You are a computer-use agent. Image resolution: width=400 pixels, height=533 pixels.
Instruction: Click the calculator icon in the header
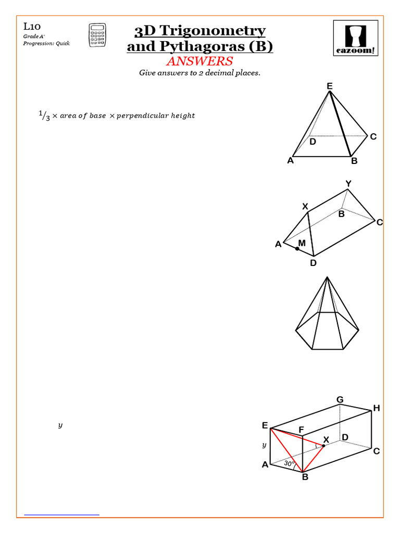pos(96,35)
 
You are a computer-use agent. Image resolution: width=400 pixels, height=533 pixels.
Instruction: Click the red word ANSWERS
pos(199,61)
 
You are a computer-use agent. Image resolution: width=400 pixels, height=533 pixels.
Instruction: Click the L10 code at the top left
pos(32,26)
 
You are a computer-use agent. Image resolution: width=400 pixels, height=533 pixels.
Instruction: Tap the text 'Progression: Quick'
pos(46,43)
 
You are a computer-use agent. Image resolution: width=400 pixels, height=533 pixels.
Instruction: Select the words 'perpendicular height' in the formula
pos(156,116)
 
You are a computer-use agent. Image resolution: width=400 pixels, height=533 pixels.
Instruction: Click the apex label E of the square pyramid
pos(329,86)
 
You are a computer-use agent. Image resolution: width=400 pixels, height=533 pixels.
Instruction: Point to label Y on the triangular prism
pos(348,184)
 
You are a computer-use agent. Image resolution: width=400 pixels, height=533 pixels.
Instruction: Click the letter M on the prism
pos(302,243)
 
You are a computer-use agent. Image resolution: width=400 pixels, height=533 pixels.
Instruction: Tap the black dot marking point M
pos(297,249)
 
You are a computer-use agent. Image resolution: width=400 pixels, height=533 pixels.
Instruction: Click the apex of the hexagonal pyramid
pos(327,277)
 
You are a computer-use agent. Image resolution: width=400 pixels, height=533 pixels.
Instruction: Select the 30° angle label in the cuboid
pos(289,463)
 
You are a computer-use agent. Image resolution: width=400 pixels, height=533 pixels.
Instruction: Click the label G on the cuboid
pos(340,400)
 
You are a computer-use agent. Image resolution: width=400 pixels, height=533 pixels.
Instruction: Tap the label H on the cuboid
pos(376,409)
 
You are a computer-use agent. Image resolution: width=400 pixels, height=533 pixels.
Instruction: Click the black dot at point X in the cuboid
pos(323,446)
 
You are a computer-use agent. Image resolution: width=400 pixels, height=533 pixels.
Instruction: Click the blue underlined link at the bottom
pos(62,514)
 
